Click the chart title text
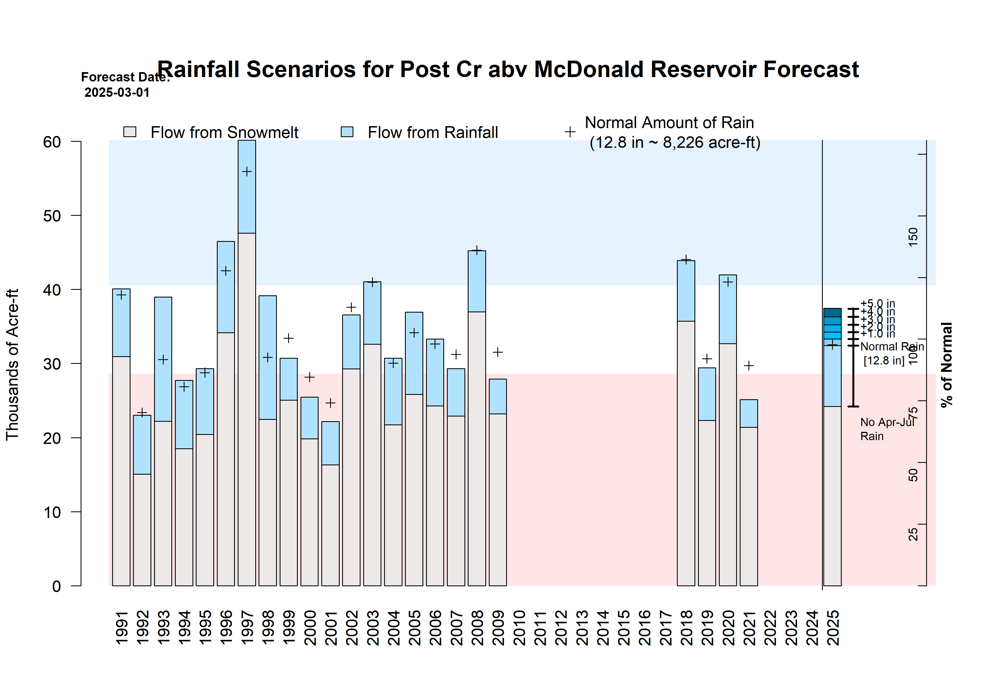pos(508,70)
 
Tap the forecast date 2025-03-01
pos(117,92)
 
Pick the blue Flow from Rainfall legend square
pos(347,132)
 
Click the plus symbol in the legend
pos(570,132)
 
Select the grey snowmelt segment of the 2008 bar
pos(477,447)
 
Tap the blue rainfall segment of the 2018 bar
pos(686,291)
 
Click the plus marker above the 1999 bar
pos(288,338)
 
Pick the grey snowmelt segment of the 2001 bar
pos(330,525)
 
